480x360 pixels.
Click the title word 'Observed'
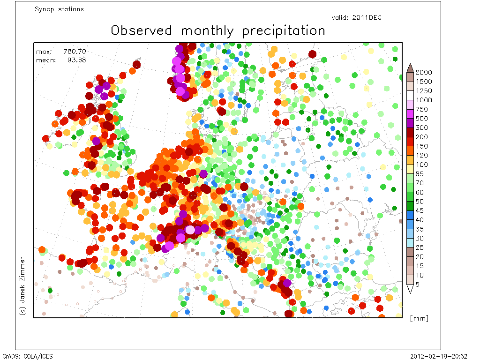pos(142,30)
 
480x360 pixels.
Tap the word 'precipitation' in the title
pos(284,31)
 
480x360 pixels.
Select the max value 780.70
pos(75,52)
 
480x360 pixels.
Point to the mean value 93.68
pos(76,60)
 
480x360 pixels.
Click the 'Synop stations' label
pos(59,9)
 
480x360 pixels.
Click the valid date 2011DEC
pos(367,17)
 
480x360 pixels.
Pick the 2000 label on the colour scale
pos(424,72)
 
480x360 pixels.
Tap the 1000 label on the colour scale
pos(424,100)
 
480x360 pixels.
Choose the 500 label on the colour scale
pos(421,119)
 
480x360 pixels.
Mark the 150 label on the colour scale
pos(421,146)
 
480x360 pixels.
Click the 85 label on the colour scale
pos(420,173)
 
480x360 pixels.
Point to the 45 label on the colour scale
pos(420,210)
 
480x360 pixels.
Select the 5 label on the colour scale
pos(417,285)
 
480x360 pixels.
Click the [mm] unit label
pos(419,318)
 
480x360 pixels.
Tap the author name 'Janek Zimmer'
pos(22,279)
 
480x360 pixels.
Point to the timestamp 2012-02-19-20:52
pos(439,356)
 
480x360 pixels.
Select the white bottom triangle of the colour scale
pos(410,288)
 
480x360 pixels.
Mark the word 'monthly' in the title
pos(207,31)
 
